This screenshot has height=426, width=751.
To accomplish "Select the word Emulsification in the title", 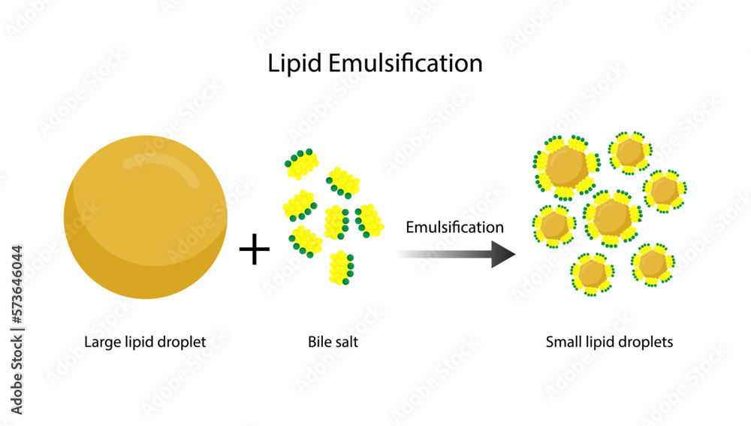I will pyautogui.click(x=405, y=64).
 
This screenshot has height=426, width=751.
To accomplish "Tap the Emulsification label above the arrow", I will pyautogui.click(x=454, y=227).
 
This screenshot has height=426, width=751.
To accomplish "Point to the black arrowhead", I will pyautogui.click(x=502, y=254).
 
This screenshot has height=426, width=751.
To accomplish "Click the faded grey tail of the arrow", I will pyautogui.click(x=421, y=254).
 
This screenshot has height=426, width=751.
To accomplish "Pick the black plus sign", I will pyautogui.click(x=255, y=249).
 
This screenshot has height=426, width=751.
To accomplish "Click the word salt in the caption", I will pyautogui.click(x=348, y=343).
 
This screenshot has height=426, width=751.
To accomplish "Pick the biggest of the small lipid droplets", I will pyautogui.click(x=565, y=165).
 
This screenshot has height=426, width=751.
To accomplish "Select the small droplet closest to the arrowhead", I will pyautogui.click(x=554, y=225).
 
